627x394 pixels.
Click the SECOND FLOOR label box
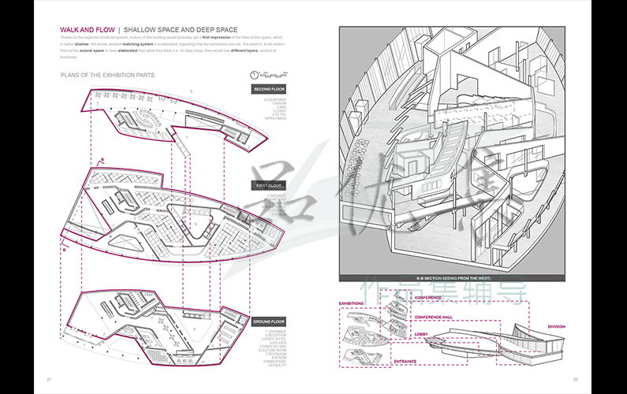(x=269, y=90)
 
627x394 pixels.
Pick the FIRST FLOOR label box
(x=269, y=186)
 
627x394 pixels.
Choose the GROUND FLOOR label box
(x=269, y=322)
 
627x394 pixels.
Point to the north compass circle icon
(x=254, y=74)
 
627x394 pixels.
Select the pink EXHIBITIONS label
(x=351, y=303)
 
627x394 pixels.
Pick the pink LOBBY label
(x=420, y=334)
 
